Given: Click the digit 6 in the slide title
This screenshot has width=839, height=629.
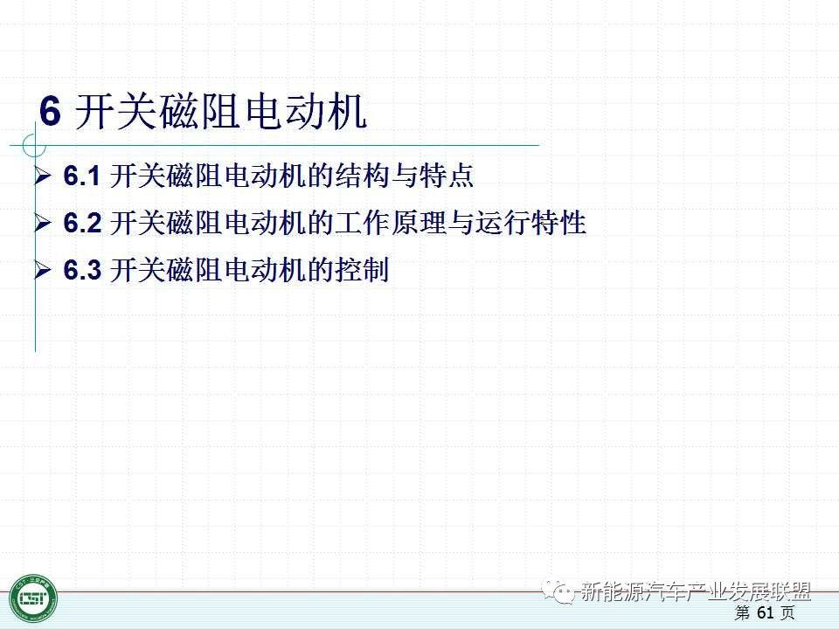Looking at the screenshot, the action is click(x=50, y=111).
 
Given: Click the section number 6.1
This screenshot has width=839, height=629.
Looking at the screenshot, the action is click(x=82, y=176).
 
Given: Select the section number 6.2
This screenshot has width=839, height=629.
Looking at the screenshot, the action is click(x=82, y=223).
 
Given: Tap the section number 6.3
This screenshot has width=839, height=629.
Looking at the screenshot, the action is click(x=82, y=269).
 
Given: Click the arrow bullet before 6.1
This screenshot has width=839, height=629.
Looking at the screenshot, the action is click(x=42, y=176).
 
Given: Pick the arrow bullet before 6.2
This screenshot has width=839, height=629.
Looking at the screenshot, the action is click(x=42, y=223).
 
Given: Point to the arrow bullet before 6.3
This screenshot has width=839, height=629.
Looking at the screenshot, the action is click(x=42, y=270).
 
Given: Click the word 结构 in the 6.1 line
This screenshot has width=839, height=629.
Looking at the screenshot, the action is click(x=362, y=176).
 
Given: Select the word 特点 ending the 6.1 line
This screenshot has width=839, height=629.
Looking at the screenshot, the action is click(x=446, y=176).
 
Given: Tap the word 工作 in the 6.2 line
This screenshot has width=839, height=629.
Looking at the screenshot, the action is click(x=362, y=223).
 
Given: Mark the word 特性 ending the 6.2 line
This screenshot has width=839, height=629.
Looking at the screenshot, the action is click(x=558, y=223).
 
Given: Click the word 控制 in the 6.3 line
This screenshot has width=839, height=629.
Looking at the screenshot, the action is click(x=362, y=269).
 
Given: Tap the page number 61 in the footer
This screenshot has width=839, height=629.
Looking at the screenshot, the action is click(x=766, y=612).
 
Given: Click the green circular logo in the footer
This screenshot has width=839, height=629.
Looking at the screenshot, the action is click(x=32, y=598).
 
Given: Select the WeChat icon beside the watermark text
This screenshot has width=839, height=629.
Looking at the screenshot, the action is click(x=558, y=591).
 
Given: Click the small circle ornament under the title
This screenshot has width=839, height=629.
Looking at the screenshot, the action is click(x=34, y=145).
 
